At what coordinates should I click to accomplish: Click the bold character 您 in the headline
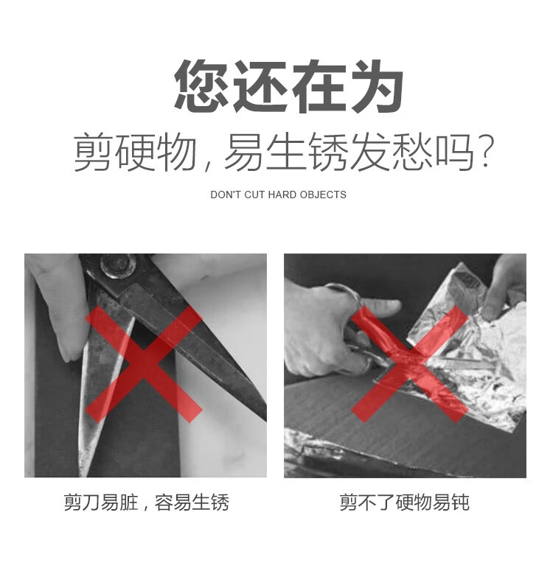tap(202, 85)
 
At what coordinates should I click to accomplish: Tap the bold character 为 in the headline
tap(378, 86)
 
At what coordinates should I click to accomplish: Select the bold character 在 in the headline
tap(319, 86)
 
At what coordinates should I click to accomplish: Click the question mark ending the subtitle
tap(486, 151)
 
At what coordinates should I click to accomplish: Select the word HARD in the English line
tap(282, 195)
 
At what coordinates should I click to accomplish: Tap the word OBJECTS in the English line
tap(323, 195)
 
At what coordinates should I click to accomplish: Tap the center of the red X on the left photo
tap(144, 364)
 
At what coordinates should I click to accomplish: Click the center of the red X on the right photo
tap(410, 364)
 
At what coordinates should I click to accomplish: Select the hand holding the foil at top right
tap(504, 286)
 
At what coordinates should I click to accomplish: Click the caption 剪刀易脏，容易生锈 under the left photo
tap(146, 503)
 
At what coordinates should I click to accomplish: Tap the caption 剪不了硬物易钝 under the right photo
tap(405, 503)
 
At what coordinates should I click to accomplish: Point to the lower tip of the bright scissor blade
tap(83, 474)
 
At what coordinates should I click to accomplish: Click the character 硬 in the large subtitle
tap(136, 152)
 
